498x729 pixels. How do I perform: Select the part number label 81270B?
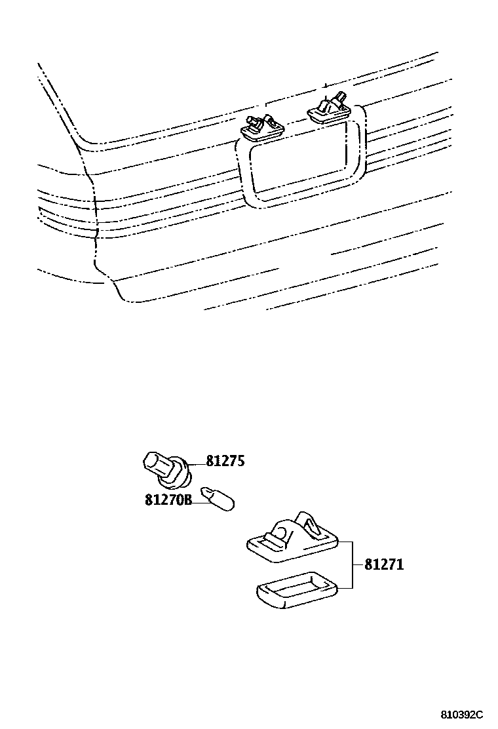click(168, 500)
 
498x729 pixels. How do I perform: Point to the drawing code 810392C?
click(461, 714)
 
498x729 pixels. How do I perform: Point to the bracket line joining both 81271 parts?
click(353, 564)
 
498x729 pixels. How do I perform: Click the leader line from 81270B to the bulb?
click(197, 500)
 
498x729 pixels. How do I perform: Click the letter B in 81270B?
click(187, 500)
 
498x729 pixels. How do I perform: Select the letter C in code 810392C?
click(479, 714)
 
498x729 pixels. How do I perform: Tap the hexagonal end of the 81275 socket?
click(153, 463)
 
